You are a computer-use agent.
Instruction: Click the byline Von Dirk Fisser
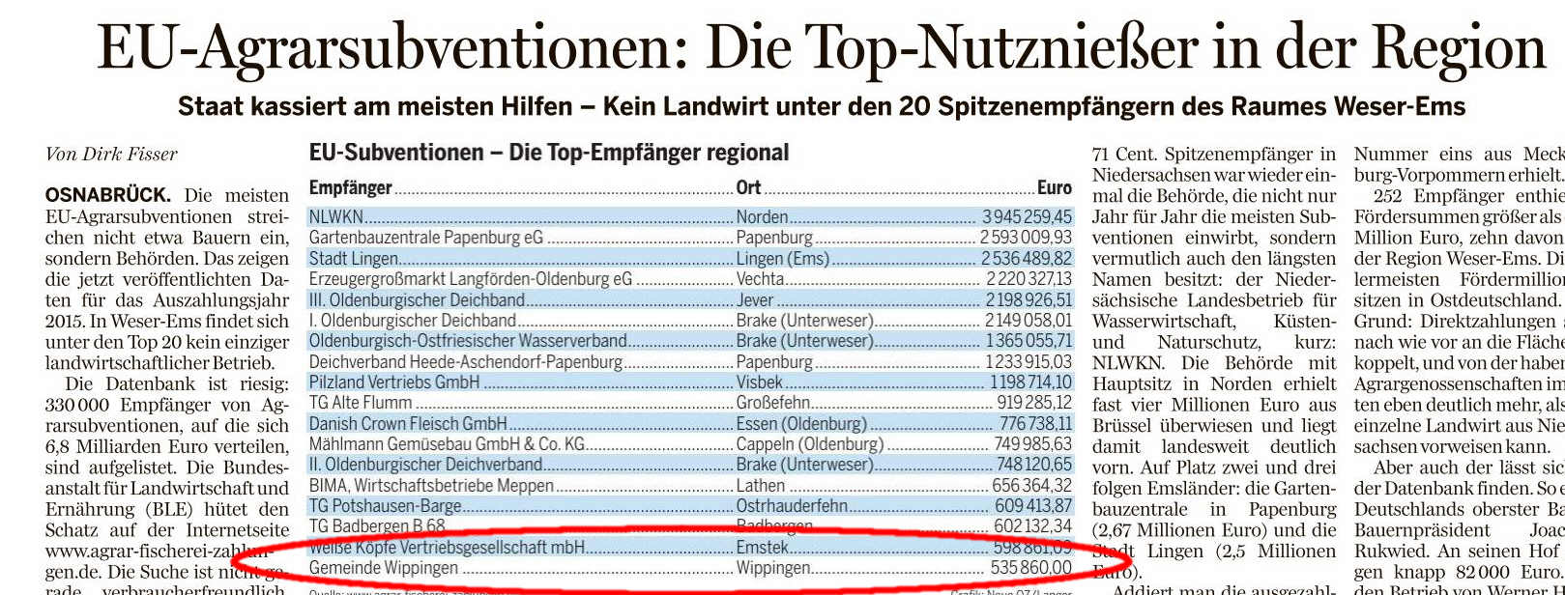(111, 155)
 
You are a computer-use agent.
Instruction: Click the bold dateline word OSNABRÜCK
(107, 196)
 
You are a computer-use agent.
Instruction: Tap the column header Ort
(748, 187)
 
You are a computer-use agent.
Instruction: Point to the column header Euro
(1054, 187)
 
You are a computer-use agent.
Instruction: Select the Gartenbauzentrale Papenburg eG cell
(425, 238)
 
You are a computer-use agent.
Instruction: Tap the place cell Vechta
(760, 279)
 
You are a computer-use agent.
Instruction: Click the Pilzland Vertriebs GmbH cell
(393, 382)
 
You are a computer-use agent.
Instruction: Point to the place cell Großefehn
(773, 403)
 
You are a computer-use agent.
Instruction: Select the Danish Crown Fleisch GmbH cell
(407, 424)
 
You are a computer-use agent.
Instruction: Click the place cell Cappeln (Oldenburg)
(809, 444)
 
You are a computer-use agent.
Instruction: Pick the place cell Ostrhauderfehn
(792, 506)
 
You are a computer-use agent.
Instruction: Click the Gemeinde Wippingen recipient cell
(383, 568)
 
